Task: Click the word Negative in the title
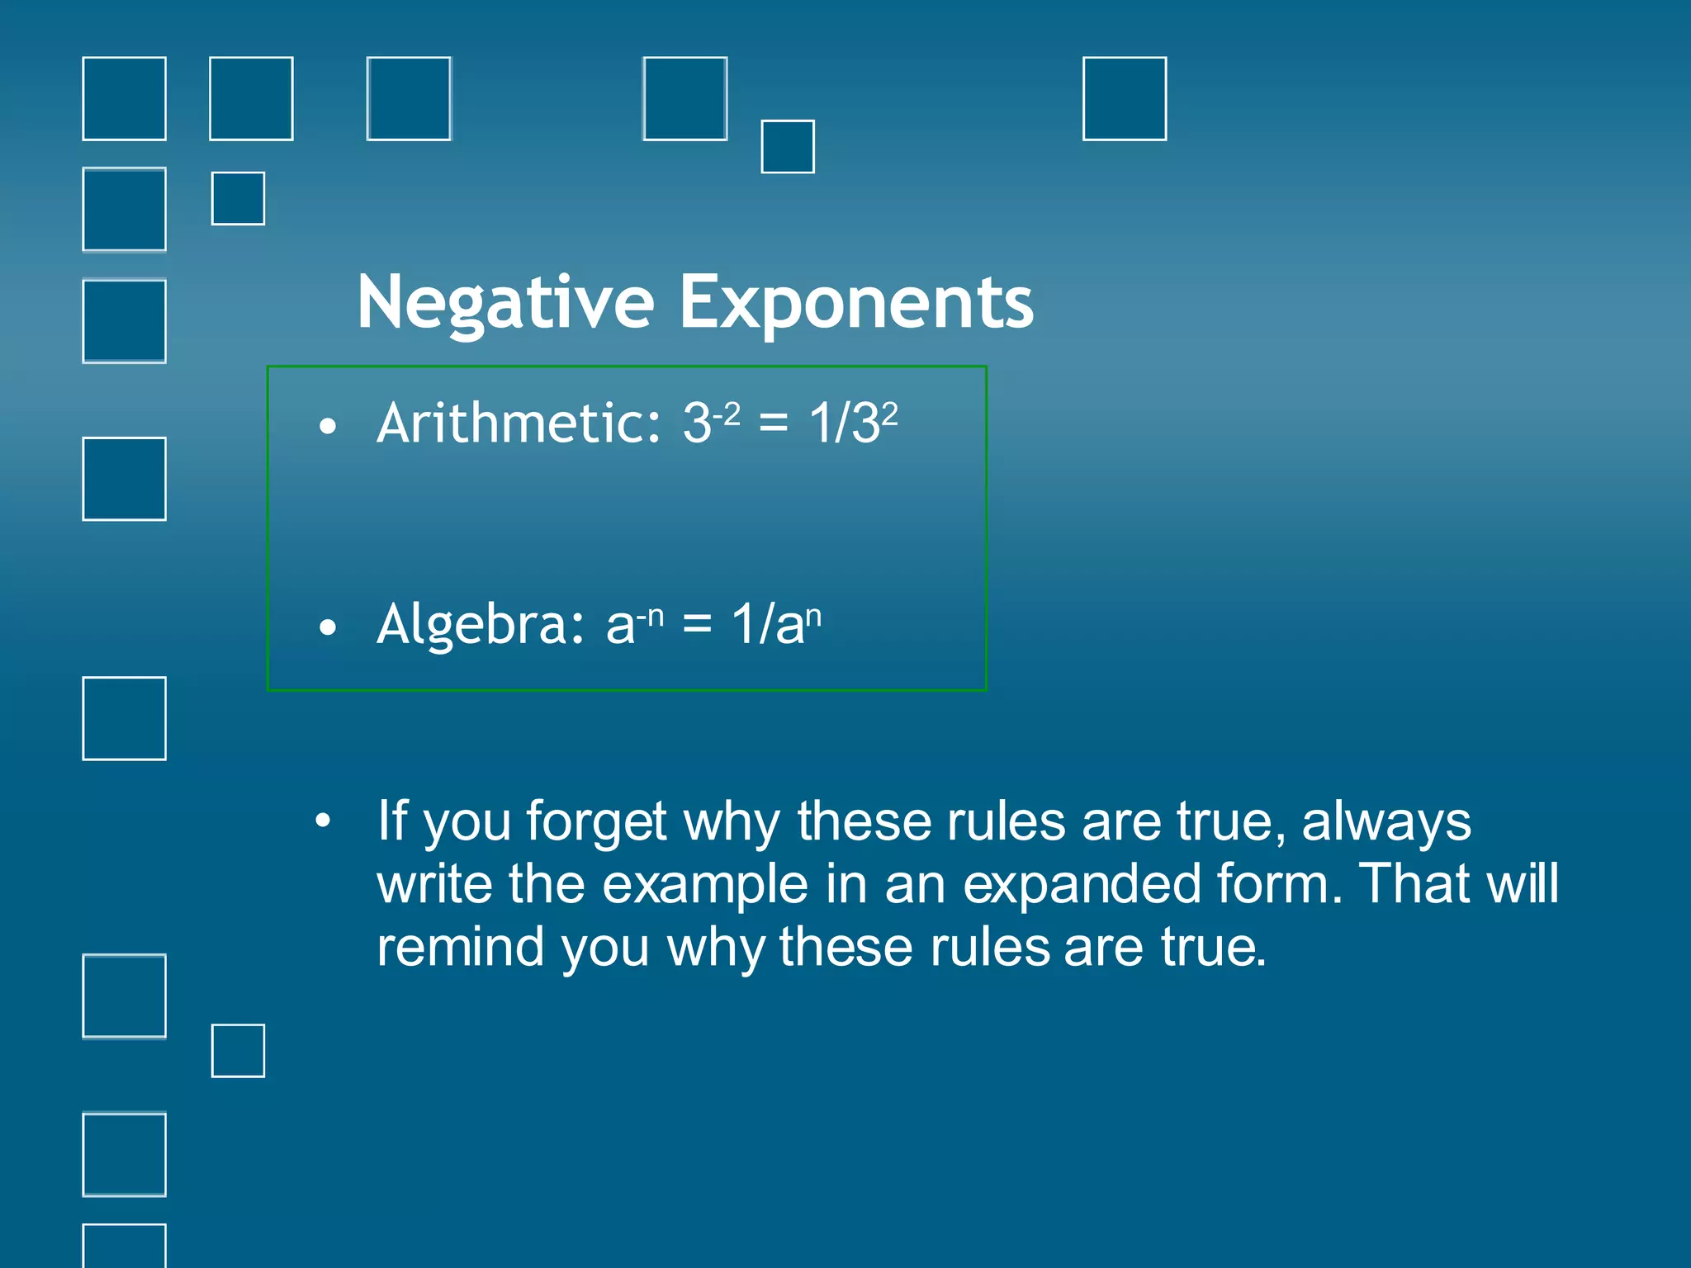point(505,303)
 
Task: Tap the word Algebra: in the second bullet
point(481,623)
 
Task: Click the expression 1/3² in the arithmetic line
point(852,423)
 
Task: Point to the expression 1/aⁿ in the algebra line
point(776,623)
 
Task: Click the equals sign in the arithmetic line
point(774,424)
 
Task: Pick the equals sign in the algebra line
point(697,625)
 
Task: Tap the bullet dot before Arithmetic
point(328,427)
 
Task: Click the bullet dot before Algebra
point(328,627)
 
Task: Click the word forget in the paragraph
point(595,822)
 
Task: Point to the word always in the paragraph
point(1386,822)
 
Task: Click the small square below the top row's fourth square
point(787,147)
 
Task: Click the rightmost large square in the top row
point(1124,99)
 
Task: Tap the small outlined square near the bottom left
point(238,1051)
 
